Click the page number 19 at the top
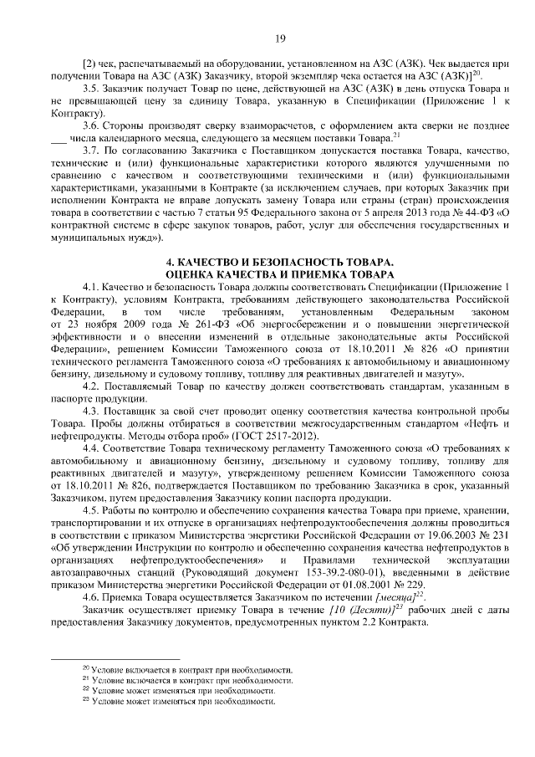[x=279, y=38]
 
